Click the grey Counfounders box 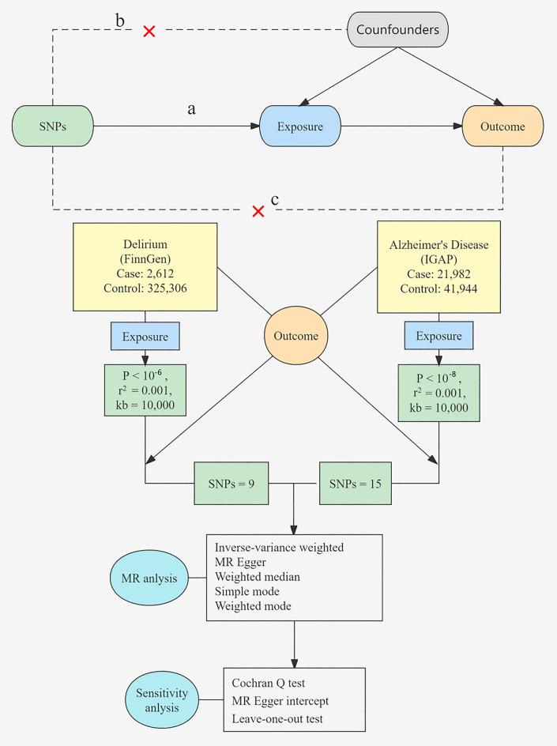coord(398,31)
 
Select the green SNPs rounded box coord(53,126)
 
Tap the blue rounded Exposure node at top coord(300,126)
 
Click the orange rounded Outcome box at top coord(503,126)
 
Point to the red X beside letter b coord(149,31)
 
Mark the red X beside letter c coord(258,211)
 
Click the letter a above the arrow coord(191,109)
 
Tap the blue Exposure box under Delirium coord(145,337)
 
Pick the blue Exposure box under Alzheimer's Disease coord(438,337)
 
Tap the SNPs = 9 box coord(231,483)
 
